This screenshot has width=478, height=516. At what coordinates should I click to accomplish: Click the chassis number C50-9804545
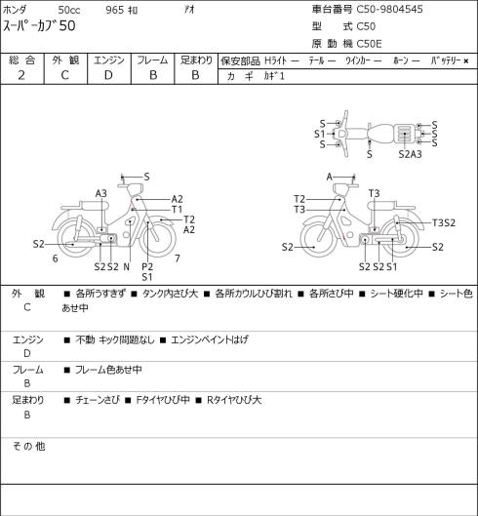389,9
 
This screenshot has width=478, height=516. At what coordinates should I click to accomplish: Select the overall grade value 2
21,75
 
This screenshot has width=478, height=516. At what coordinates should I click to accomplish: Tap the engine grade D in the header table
108,75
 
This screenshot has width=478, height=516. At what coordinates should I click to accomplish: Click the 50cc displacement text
69,10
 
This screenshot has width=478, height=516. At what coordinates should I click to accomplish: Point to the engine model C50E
369,44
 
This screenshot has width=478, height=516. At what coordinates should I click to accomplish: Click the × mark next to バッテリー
466,60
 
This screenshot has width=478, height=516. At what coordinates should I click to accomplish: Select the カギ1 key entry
274,76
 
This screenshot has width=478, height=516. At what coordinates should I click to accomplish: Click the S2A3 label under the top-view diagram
410,154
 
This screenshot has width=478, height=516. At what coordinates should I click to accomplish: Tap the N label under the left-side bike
127,267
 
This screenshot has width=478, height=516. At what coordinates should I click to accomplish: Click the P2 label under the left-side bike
147,266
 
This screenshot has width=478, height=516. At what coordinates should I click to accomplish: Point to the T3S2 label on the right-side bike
444,222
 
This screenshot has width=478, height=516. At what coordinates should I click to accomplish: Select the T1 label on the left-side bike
177,210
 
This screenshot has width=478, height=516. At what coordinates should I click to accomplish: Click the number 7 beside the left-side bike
178,258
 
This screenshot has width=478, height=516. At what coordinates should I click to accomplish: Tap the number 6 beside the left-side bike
56,258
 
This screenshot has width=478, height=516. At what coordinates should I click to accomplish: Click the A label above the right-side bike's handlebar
330,178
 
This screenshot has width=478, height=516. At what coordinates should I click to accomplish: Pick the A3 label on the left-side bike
101,193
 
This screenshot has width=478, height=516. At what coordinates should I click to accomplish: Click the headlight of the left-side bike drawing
135,190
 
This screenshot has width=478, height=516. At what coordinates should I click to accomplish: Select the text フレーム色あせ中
108,370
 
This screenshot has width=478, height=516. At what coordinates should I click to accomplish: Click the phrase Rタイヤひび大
234,400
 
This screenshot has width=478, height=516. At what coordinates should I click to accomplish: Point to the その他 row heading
28,447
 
